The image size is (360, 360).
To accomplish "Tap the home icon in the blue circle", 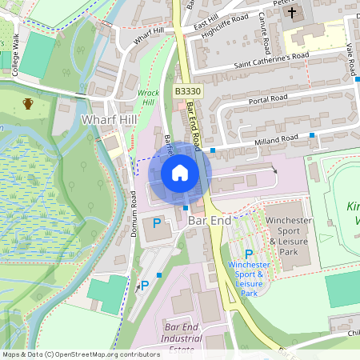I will coord(180,172).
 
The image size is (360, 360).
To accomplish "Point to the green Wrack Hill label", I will coord(149,98).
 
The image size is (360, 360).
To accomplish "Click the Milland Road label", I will coord(272,139).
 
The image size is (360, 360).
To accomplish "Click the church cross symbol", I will coord(292,13).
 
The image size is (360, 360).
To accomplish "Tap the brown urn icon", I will coord(29,103).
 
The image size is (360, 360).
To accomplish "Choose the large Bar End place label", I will coord(210,218).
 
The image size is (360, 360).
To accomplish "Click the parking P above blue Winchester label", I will coord(249,253).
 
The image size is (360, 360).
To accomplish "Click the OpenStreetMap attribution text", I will coord(81,354).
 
